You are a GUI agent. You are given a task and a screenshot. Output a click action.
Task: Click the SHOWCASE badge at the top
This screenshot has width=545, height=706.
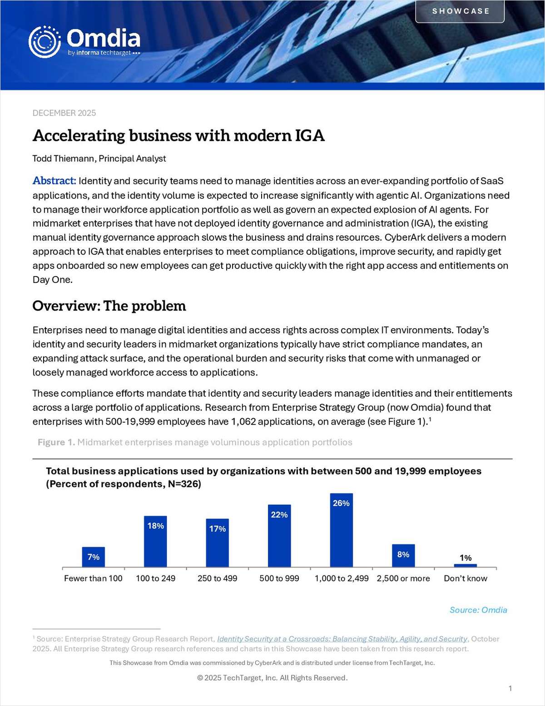point(460,11)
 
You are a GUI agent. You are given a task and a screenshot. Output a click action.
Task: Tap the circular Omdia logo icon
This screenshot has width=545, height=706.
point(44,42)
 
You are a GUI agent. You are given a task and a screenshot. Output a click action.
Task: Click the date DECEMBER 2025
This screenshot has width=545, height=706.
point(64,113)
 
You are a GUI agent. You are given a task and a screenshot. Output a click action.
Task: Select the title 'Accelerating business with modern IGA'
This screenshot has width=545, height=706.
point(178,136)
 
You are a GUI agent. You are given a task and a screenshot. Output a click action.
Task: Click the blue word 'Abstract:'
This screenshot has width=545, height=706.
point(54,181)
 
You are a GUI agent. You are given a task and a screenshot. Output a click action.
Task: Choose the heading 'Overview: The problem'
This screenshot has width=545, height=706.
point(109,306)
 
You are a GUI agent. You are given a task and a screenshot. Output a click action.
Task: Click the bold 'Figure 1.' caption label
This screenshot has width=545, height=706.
point(56,442)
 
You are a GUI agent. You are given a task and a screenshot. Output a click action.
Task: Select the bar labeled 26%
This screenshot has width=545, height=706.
point(341,531)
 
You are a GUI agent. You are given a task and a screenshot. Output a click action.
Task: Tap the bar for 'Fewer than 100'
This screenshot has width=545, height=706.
point(93,558)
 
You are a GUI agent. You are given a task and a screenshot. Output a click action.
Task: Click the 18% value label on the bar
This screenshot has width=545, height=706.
point(155,526)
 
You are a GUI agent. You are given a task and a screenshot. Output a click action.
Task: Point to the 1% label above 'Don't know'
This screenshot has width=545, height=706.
point(466,558)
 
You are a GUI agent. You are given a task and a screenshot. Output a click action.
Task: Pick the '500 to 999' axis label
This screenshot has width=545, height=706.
point(279,578)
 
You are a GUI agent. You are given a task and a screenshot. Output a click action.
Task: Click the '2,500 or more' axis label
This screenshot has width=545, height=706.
point(403,578)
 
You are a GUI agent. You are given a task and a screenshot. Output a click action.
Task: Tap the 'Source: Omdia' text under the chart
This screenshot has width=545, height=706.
point(478,610)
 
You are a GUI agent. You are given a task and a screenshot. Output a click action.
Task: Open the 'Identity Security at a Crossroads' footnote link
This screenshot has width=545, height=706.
point(342,639)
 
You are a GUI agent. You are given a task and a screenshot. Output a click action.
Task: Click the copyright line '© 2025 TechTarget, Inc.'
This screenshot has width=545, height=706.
point(272,678)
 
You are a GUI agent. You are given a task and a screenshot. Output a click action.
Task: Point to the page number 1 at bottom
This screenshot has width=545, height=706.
point(510,688)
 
